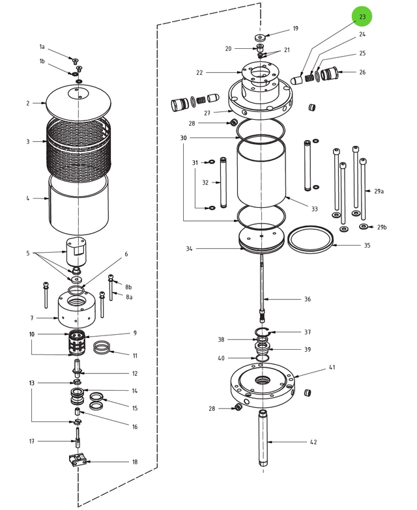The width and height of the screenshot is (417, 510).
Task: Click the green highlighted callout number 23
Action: (x=363, y=16)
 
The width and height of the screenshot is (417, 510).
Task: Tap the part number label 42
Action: (x=313, y=442)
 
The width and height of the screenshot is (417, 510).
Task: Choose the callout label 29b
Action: (x=382, y=227)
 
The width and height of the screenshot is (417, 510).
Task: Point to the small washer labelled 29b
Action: (x=363, y=227)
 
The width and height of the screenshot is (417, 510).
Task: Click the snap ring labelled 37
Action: (x=262, y=333)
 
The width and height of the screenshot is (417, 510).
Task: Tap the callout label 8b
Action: (x=128, y=287)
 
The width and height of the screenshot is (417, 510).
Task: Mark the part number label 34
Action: (x=189, y=249)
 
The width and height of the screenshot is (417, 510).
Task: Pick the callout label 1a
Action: (x=42, y=47)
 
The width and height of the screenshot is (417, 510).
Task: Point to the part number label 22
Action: (x=200, y=72)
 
